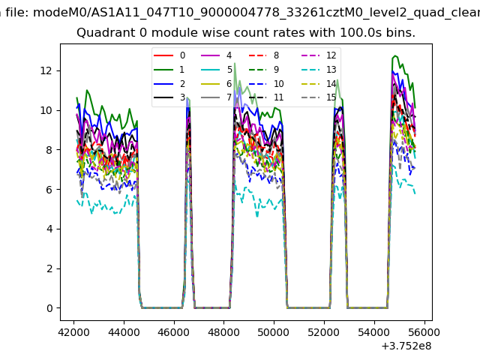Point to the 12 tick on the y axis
tap(46, 70)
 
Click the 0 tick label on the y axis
tap(49, 308)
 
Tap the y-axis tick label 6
tap(49, 190)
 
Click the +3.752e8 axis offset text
tap(406, 346)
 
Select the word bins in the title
tap(399, 33)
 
